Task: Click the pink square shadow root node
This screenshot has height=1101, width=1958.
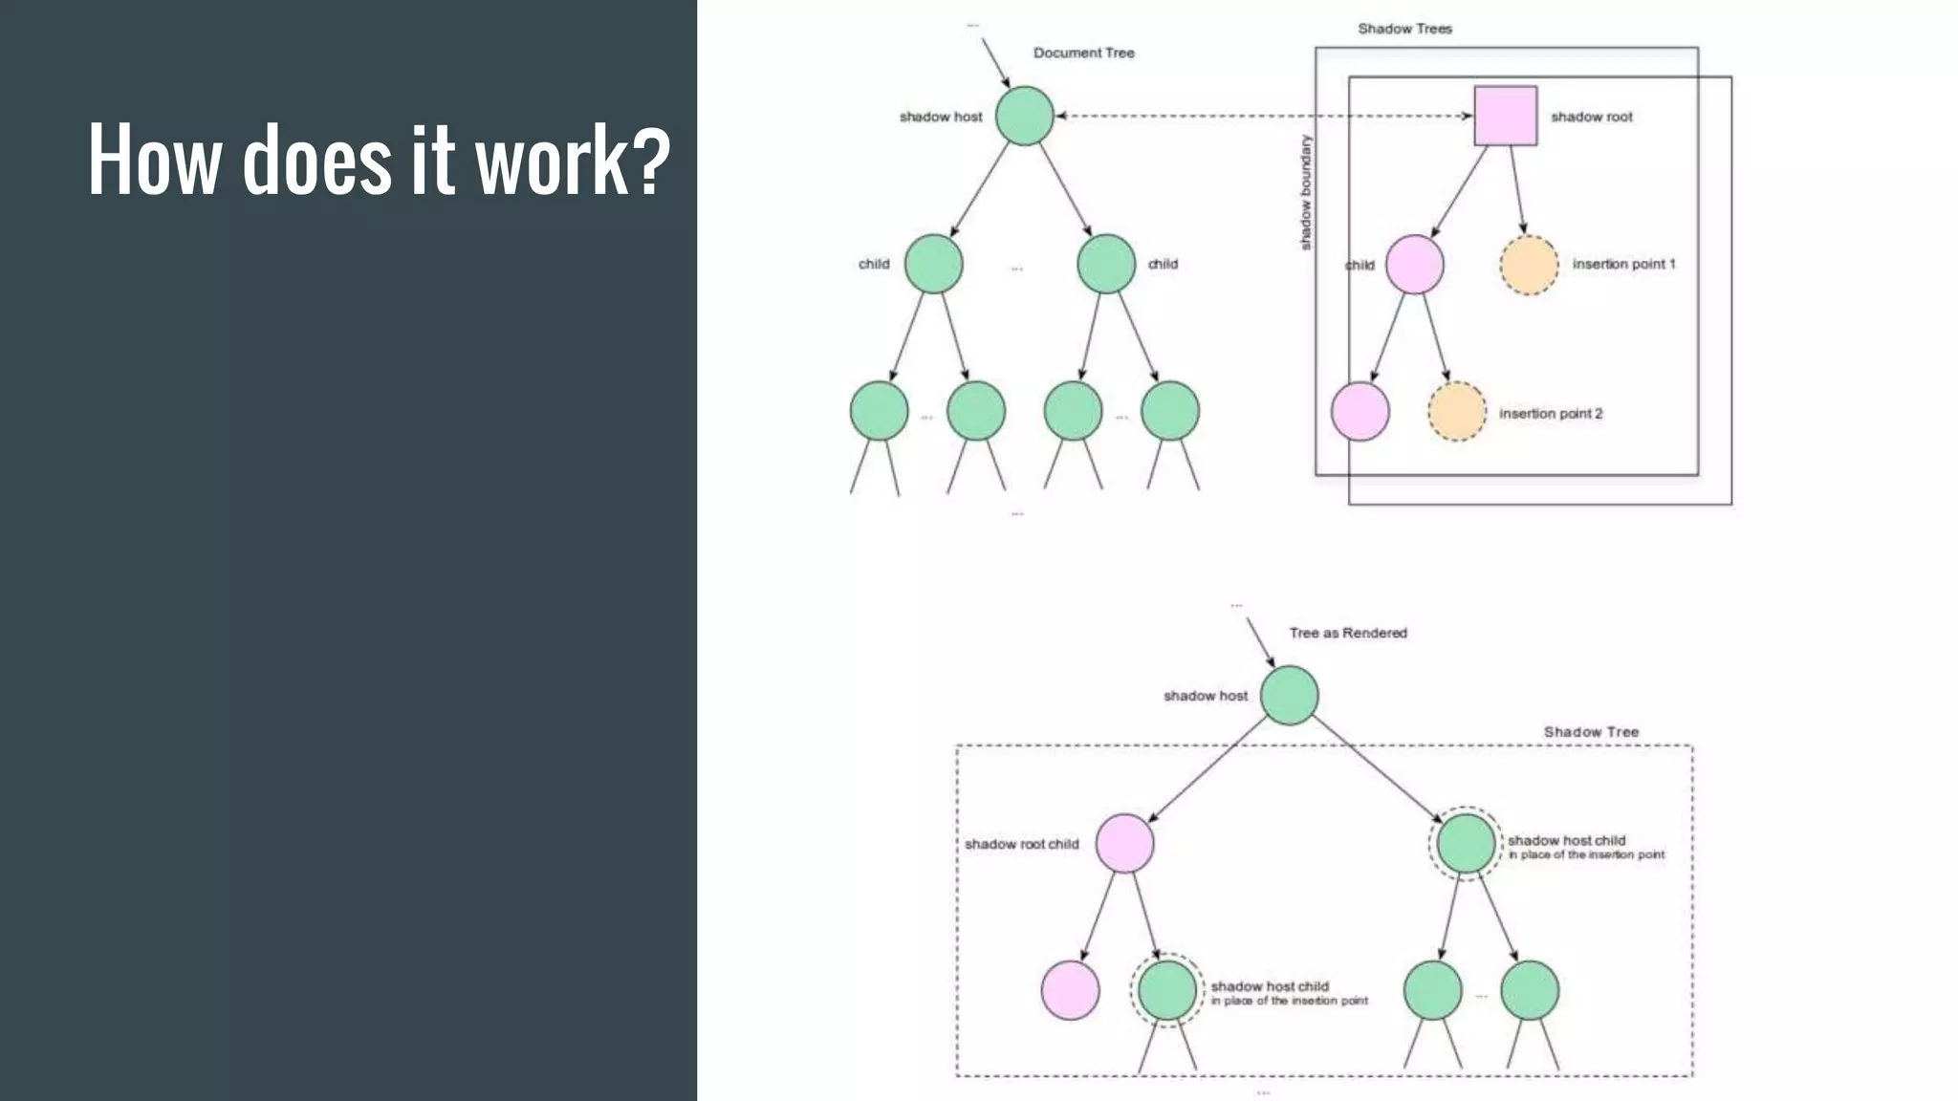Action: point(1506,116)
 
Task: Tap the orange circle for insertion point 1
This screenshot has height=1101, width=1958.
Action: point(1529,265)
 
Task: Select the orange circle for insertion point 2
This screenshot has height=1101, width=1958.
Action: point(1457,412)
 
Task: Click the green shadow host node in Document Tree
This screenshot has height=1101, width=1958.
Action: point(1024,116)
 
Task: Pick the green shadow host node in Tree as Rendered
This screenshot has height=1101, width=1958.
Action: point(1289,695)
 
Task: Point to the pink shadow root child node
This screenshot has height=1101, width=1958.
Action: point(1124,843)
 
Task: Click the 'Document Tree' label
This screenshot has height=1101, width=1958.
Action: point(1083,53)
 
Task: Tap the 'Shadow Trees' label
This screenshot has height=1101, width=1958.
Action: point(1404,29)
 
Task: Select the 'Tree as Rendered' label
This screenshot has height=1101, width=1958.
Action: point(1347,633)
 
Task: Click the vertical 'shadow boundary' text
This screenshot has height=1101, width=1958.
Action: point(1306,192)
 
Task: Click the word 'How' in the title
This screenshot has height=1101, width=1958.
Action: point(155,160)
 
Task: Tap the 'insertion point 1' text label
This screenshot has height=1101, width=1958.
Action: point(1623,264)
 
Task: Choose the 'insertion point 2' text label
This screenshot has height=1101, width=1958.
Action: point(1550,413)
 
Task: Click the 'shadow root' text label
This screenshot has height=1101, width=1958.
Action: point(1591,117)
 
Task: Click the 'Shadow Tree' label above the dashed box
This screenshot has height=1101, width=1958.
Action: point(1591,732)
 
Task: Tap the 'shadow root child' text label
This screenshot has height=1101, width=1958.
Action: point(1021,844)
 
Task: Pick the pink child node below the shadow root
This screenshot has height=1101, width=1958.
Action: point(1414,265)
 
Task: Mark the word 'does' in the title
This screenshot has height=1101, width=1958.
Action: point(317,160)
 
